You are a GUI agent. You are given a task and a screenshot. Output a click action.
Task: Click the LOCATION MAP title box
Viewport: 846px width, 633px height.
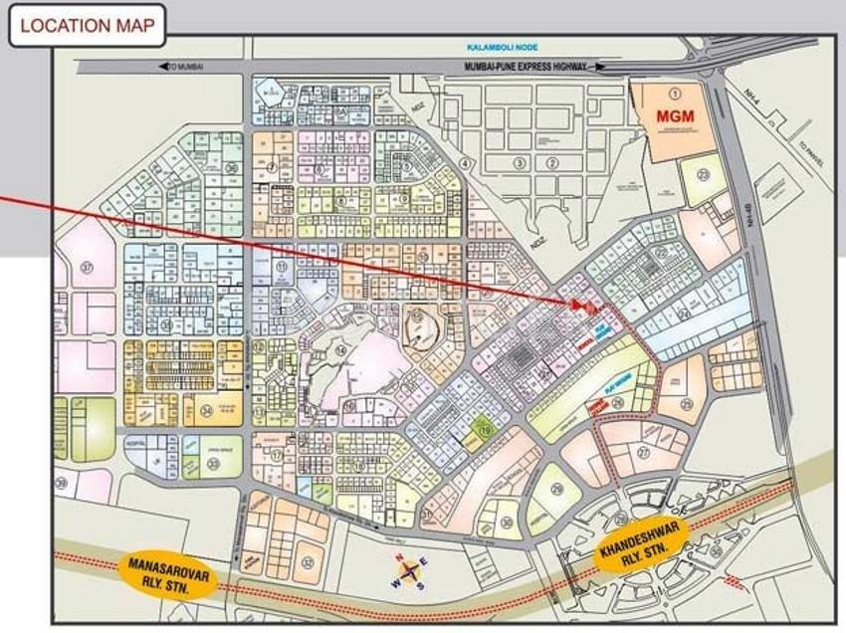point(88,26)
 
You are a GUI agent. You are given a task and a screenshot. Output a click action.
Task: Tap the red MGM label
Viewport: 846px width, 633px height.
point(674,115)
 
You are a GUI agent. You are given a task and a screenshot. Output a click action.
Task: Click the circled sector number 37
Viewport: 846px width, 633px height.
point(87,267)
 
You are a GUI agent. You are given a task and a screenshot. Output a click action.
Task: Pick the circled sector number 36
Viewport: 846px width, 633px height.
point(231,167)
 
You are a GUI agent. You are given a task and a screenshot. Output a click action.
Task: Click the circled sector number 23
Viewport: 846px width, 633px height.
point(705,174)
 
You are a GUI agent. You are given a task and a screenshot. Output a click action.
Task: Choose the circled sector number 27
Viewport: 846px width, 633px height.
point(643,451)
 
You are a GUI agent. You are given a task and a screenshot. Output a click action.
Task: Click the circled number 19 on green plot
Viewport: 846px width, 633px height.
point(485,430)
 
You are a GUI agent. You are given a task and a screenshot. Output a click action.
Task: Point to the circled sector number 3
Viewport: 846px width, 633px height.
point(519,162)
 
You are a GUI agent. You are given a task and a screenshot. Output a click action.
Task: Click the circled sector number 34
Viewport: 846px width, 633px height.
point(205,409)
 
